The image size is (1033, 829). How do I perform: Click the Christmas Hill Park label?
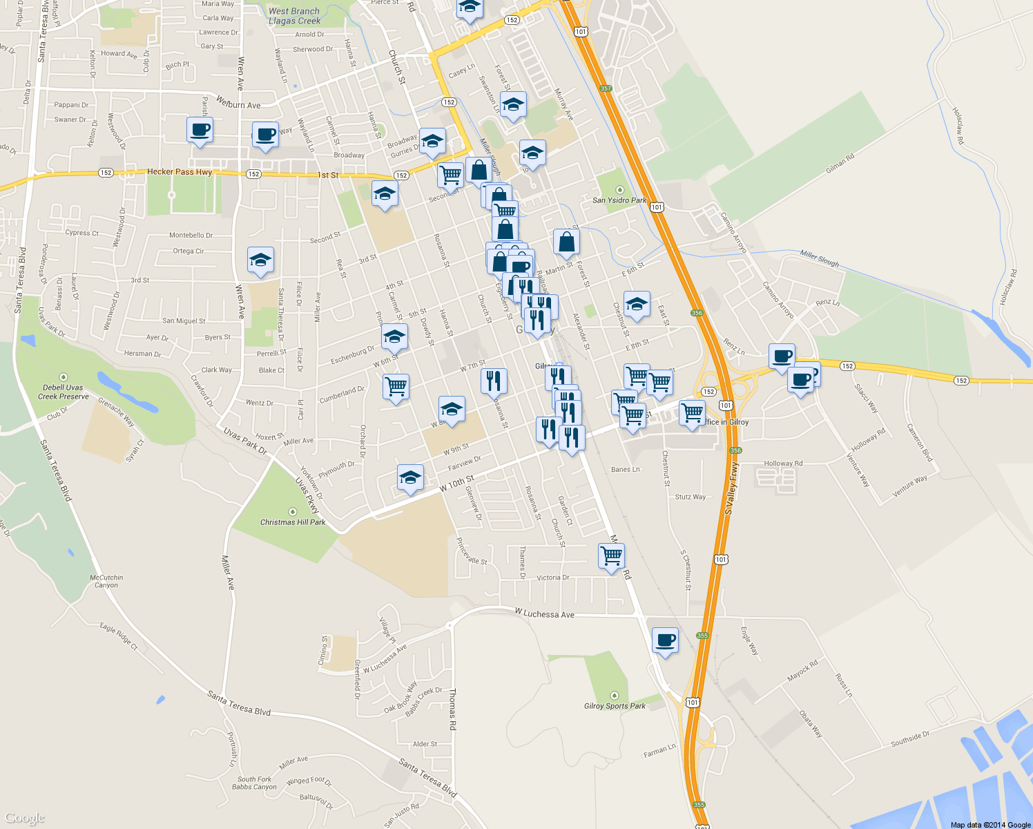(293, 522)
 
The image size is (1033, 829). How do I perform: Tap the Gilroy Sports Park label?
(615, 706)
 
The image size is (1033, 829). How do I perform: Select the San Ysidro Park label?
(619, 200)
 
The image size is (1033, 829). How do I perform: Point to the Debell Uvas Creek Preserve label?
(64, 392)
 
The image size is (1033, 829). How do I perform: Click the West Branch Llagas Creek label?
(294, 16)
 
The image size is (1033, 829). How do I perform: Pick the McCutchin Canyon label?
(106, 581)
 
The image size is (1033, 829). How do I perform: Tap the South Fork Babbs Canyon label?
(254, 783)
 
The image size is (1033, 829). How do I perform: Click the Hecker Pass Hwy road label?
(180, 172)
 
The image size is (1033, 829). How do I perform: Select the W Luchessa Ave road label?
(544, 613)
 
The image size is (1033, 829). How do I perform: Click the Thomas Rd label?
(452, 709)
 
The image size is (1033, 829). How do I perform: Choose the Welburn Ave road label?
(238, 104)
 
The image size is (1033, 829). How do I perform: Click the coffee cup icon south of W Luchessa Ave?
(665, 640)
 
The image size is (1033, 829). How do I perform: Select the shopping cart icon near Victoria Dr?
(611, 554)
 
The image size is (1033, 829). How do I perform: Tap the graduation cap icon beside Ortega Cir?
(260, 260)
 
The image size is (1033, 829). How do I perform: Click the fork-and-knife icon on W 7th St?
(494, 381)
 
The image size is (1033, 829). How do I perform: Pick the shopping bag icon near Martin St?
(566, 242)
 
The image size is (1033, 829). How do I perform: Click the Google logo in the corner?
(25, 818)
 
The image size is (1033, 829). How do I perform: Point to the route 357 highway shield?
(606, 88)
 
